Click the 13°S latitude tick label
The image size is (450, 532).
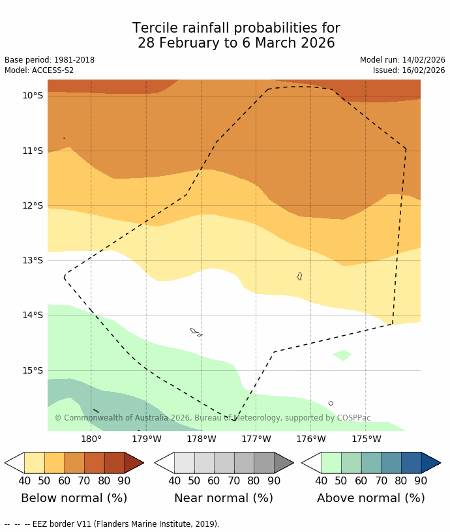click(x=33, y=261)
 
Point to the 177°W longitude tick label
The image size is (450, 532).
click(x=256, y=439)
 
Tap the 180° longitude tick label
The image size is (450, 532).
click(x=91, y=439)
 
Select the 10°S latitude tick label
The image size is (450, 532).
click(x=33, y=96)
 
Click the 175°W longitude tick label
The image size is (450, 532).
click(x=366, y=439)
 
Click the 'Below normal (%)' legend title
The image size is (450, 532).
click(x=74, y=498)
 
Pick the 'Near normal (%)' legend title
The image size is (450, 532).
click(x=223, y=498)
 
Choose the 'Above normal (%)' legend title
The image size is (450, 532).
click(x=370, y=498)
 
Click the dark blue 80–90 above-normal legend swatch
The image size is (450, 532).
click(x=411, y=463)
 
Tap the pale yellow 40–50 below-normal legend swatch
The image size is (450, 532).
click(x=34, y=463)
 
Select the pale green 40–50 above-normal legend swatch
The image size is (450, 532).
click(x=331, y=463)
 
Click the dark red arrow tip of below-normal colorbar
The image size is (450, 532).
click(x=134, y=463)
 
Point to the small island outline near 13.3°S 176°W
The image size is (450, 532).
click(x=299, y=276)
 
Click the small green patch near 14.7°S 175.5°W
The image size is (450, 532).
click(x=342, y=355)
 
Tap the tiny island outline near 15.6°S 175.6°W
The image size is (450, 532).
click(x=331, y=404)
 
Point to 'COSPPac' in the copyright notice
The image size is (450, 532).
click(x=354, y=418)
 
